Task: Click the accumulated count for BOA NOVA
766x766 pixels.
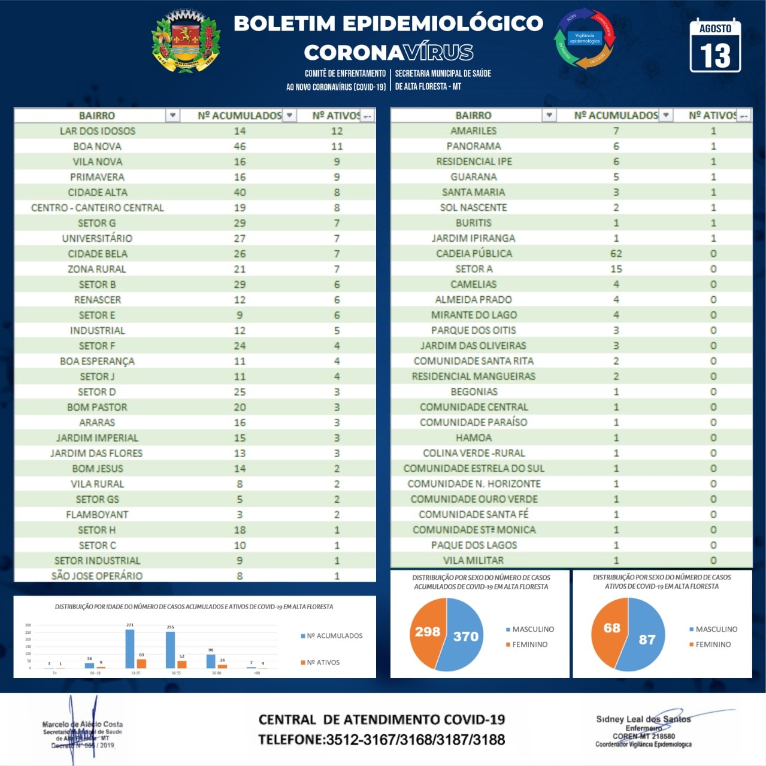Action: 240,146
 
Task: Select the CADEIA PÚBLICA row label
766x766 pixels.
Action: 474,254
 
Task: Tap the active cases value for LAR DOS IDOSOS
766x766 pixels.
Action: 337,131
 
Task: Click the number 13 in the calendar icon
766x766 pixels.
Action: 716,56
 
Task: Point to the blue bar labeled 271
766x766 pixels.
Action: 130,649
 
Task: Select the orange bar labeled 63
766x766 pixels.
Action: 141,663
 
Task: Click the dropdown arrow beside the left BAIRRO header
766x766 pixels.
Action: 172,115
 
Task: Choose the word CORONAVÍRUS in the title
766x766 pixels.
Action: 389,53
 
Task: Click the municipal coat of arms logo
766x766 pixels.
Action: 186,42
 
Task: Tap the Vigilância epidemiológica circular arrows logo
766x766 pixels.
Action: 585,38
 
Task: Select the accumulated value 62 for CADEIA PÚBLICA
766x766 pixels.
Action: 616,254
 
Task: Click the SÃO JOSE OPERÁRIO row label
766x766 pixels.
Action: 97,576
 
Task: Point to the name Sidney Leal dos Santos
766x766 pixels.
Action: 643,719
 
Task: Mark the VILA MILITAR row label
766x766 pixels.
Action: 473,561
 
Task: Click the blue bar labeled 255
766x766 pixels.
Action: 171,650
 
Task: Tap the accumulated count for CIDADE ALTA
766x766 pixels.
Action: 240,192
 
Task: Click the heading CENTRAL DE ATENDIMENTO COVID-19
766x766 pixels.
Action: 382,719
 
